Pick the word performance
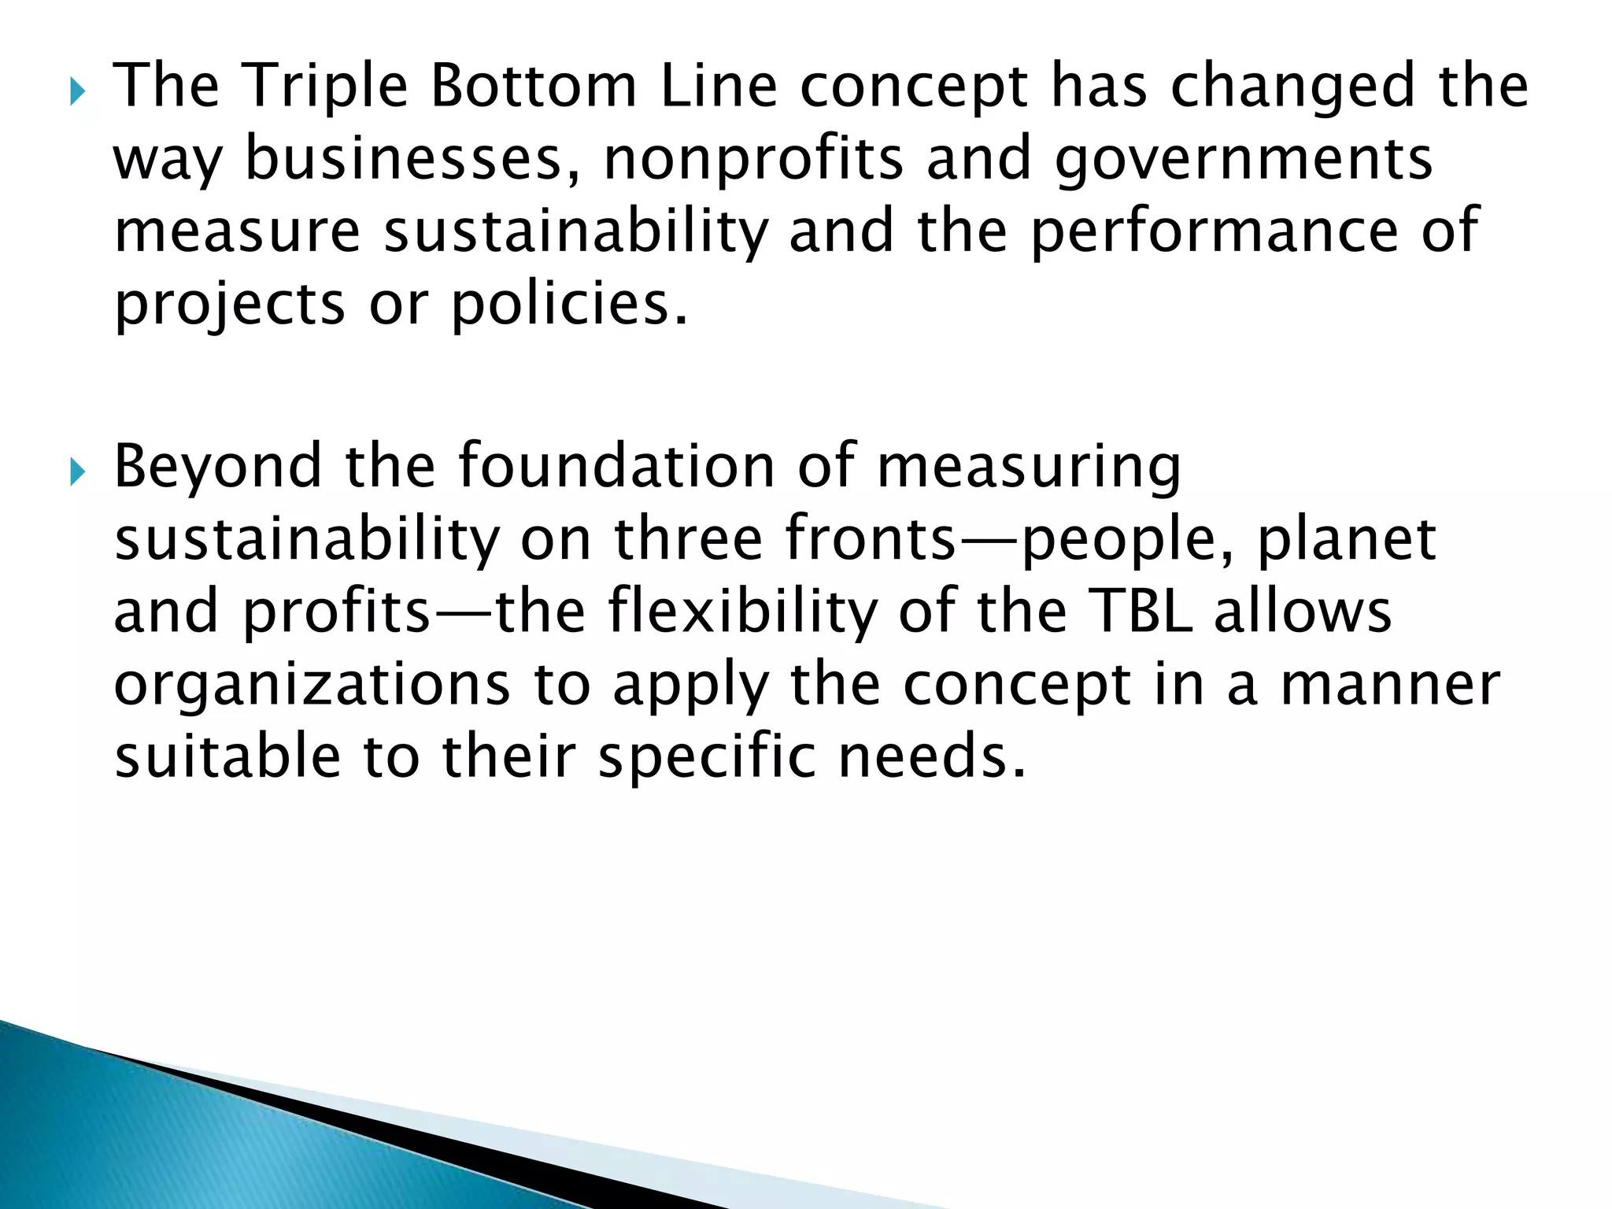pos(1214,231)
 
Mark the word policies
pos(568,304)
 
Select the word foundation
pos(617,465)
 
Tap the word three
pos(688,539)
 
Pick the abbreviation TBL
pos(1144,611)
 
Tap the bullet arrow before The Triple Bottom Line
pos(76,93)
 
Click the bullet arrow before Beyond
pos(76,473)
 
